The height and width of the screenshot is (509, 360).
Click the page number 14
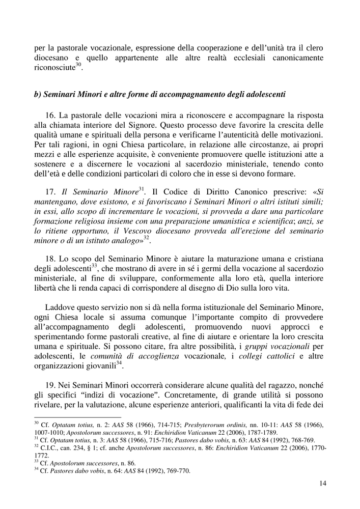point(322,484)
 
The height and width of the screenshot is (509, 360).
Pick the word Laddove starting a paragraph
point(61,308)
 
